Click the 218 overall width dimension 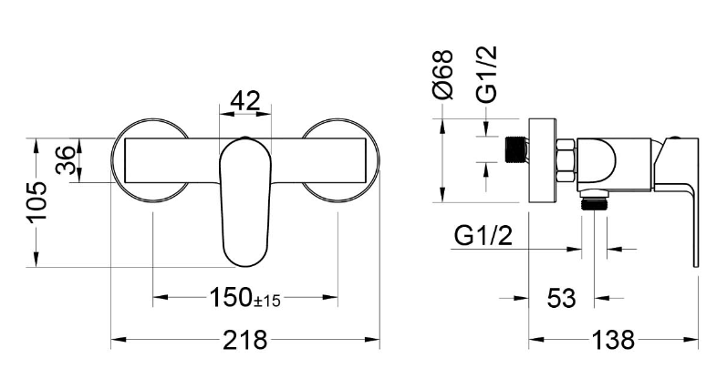point(245,341)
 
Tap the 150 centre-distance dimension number point(231,297)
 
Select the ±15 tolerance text point(267,302)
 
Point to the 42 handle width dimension point(245,101)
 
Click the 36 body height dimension point(66,159)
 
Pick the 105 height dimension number point(37,202)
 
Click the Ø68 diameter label point(441,75)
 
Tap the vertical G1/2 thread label point(486,74)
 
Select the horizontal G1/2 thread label point(483,236)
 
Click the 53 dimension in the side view point(561,298)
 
